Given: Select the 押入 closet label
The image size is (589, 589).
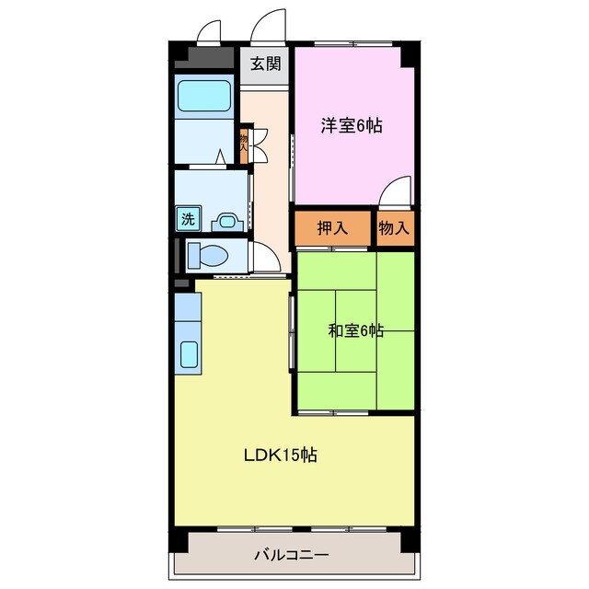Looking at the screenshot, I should click(x=332, y=228).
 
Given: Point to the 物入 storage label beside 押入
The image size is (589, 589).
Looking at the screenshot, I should click(x=394, y=228).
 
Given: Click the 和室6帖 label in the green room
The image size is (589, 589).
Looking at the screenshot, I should click(x=356, y=331).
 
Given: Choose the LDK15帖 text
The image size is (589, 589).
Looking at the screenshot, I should click(x=281, y=455).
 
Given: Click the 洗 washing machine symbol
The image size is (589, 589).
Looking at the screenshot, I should click(x=187, y=220).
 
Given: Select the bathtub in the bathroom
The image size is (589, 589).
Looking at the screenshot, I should click(x=203, y=97).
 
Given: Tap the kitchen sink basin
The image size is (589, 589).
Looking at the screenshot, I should click(x=190, y=354).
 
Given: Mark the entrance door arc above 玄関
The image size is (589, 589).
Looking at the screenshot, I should click(x=270, y=26).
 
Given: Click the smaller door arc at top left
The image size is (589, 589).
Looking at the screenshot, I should click(x=210, y=31).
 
